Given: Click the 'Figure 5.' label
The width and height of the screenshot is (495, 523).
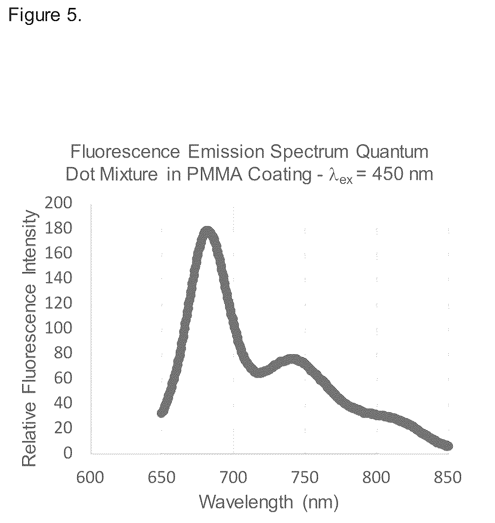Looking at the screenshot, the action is pos(45,15).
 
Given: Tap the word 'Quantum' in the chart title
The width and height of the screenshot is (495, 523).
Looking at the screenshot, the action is pos(392,152).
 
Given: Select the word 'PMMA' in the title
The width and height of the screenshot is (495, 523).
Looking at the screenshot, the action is pos(215,175).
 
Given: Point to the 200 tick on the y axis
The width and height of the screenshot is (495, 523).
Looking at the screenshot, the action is pos(58,203).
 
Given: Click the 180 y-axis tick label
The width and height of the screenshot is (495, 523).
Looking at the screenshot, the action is pos(58,228).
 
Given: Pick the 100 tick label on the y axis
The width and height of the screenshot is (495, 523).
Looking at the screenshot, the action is pos(58,327).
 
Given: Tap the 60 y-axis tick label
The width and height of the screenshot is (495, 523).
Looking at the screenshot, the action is pos(63,378).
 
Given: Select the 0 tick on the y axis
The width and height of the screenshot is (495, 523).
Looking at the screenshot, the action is pos(68,453).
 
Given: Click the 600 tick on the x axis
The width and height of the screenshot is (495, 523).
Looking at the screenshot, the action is pos(90,477).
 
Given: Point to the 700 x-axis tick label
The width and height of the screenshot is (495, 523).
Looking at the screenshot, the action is pos(233,477).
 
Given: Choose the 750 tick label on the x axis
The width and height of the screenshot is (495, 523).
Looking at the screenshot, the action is pos(305,477).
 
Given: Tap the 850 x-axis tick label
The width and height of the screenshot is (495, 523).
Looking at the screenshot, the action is pos(448,477).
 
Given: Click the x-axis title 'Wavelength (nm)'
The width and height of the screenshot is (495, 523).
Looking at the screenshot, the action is pos(269,503).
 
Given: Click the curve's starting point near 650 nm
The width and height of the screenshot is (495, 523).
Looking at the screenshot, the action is pos(162,413).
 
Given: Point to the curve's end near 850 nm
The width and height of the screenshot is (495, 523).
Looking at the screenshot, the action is pos(448,446).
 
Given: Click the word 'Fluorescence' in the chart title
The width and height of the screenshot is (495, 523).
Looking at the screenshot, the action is pos(125,152).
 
